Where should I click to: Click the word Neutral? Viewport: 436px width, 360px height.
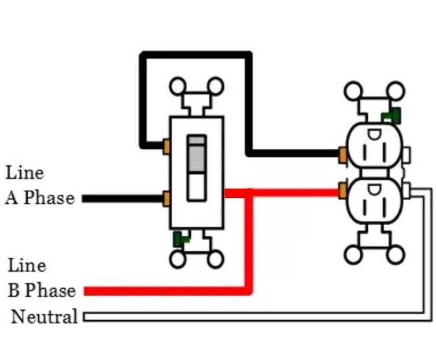[44, 317]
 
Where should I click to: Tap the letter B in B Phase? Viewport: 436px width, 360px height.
[14, 290]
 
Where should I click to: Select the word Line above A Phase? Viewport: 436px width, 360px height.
[25, 173]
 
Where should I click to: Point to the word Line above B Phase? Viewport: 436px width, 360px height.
[27, 266]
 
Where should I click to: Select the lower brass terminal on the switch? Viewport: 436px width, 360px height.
[166, 199]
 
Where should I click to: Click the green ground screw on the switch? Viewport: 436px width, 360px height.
[181, 237]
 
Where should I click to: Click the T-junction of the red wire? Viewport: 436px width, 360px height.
[250, 193]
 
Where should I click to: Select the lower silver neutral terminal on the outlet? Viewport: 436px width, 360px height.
[409, 190]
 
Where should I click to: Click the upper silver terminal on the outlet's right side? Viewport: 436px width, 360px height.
[408, 155]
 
